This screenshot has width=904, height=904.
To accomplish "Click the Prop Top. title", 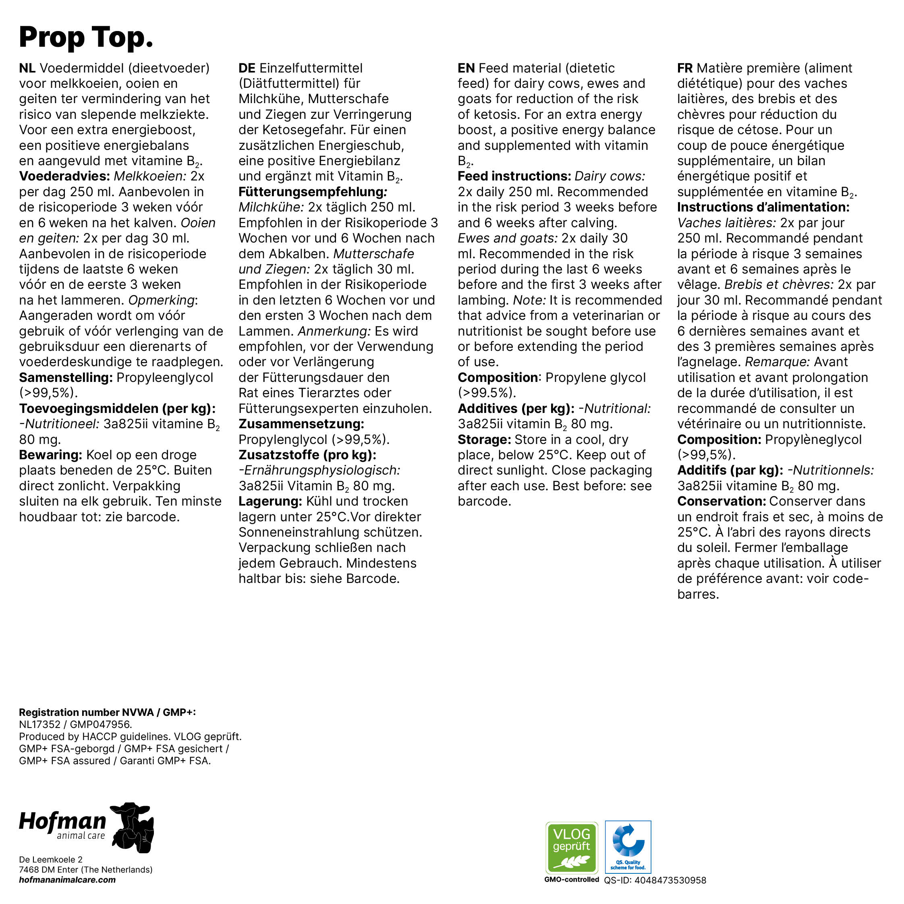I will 86,37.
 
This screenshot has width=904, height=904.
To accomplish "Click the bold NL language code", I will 27,68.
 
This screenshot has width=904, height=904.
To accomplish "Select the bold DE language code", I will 247,68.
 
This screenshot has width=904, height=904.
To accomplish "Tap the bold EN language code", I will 466,68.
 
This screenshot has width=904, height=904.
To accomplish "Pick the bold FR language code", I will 684,68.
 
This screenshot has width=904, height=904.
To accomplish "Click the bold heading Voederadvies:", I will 64,176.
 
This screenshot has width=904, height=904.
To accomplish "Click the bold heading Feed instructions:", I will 514,176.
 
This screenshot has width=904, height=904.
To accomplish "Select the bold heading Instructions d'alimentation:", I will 763,207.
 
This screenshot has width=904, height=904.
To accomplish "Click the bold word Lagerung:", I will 270,502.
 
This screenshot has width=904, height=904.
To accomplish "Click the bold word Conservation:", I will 721,502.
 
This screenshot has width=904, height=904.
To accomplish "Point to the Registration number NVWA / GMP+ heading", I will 107,713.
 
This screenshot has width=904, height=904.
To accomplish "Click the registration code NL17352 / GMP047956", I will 75,725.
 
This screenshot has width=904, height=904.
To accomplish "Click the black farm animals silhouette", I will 133,828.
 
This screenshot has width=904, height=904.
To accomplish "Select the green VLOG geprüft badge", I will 571,847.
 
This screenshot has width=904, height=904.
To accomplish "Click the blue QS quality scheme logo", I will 628,847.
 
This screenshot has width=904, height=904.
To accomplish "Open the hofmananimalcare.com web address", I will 67,880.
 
